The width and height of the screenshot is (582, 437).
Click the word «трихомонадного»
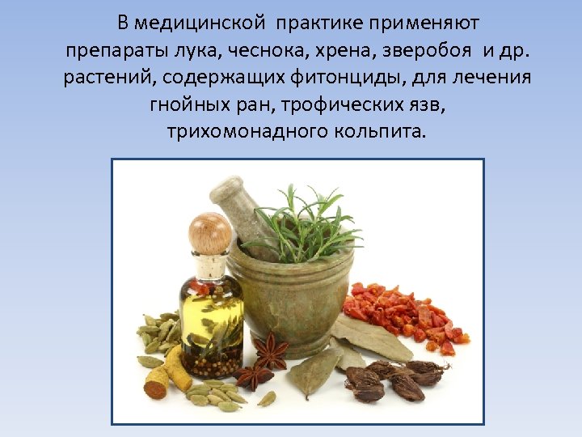click(233, 131)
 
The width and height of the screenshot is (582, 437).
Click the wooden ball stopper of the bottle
click(209, 232)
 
